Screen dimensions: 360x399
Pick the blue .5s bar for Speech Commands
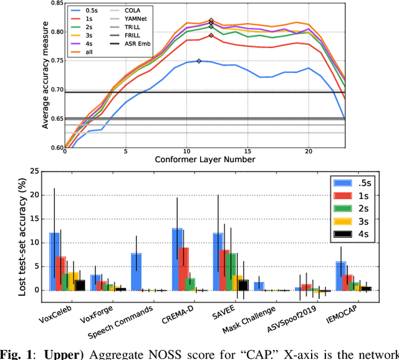click(137, 271)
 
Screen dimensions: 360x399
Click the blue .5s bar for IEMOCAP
click(341, 276)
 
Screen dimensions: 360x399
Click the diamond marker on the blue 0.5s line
click(199, 61)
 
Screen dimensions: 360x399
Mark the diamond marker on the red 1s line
click(211, 36)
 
